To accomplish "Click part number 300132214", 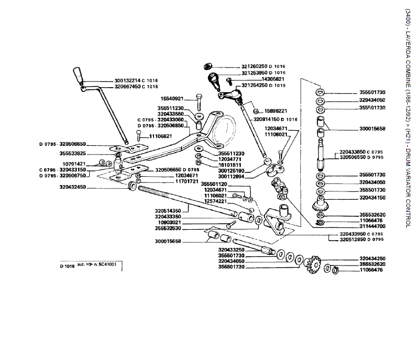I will click(x=127, y=81).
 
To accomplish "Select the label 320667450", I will click(x=127, y=87).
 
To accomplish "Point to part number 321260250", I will click(x=254, y=67).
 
